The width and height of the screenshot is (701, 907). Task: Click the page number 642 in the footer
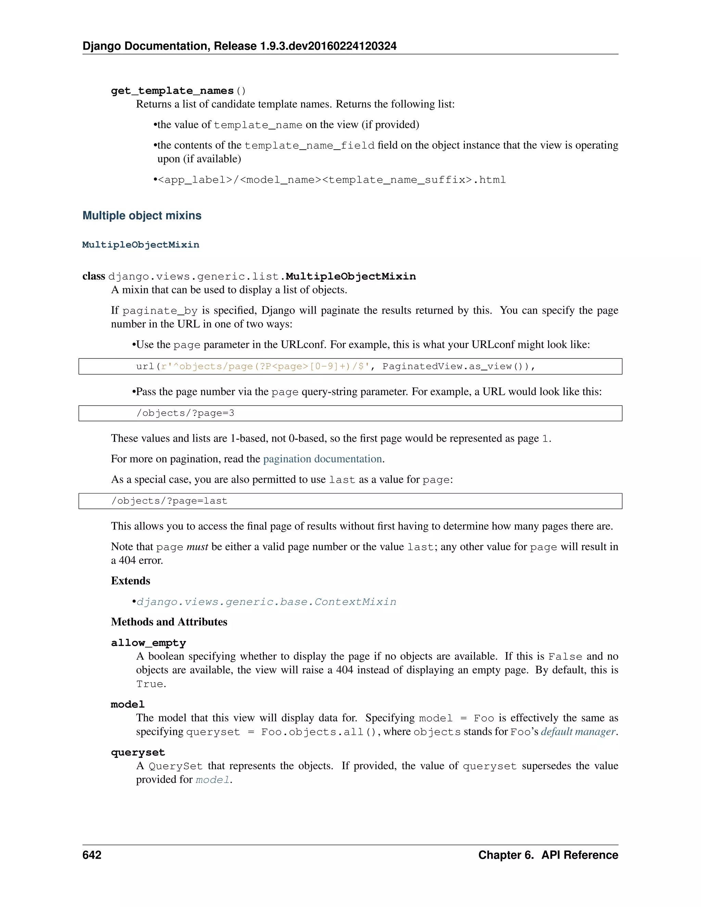pyautogui.click(x=92, y=855)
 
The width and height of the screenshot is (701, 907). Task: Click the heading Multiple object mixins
pyautogui.click(x=142, y=216)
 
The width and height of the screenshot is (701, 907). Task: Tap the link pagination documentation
pyautogui.click(x=322, y=459)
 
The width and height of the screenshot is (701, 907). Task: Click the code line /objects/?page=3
pyautogui.click(x=185, y=413)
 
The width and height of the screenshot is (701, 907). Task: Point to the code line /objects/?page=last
pyautogui.click(x=169, y=501)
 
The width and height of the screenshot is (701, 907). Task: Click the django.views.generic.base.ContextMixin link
pyautogui.click(x=266, y=602)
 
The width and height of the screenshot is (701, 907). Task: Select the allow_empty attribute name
pyautogui.click(x=148, y=642)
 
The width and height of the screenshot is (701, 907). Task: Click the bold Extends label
pyautogui.click(x=130, y=580)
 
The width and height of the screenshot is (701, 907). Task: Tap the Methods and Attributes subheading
pyautogui.click(x=169, y=622)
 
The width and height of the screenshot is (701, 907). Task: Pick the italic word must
pyautogui.click(x=197, y=547)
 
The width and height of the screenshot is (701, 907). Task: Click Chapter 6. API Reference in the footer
pyautogui.click(x=548, y=855)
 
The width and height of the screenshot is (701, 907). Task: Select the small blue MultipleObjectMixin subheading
pyautogui.click(x=140, y=245)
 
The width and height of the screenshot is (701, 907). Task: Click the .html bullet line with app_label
pyautogui.click(x=331, y=180)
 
